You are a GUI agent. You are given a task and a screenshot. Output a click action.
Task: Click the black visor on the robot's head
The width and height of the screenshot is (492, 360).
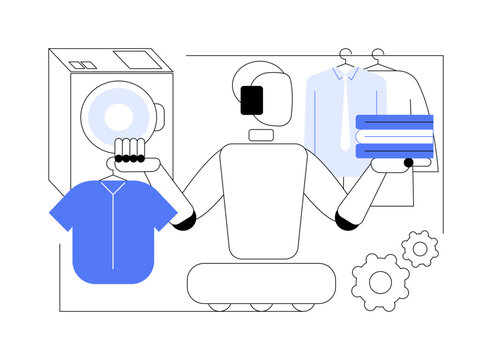(251, 99)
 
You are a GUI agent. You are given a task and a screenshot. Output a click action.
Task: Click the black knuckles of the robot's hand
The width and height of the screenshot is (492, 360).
(131, 158)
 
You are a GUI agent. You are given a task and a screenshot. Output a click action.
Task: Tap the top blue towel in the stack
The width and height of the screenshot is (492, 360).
(394, 122)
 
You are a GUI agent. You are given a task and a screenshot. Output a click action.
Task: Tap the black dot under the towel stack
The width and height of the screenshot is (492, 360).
(408, 162)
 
